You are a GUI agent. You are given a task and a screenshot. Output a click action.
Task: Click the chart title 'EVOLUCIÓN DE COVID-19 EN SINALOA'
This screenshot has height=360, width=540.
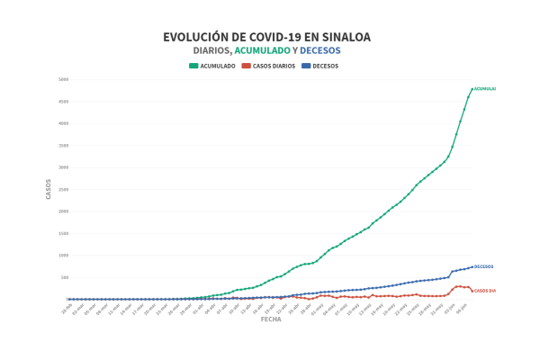[x=266, y=37]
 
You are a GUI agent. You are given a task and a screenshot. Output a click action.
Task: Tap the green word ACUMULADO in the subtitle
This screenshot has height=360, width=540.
[x=265, y=50]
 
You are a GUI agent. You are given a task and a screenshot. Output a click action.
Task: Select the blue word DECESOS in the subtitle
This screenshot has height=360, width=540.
[x=320, y=50]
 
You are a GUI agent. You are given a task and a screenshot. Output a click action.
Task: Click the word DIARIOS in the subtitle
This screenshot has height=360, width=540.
[x=212, y=50]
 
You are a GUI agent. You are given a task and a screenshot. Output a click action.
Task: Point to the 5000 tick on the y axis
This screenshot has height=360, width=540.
[x=63, y=79]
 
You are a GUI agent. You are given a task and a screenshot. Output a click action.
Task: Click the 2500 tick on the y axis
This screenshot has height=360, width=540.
[x=63, y=189]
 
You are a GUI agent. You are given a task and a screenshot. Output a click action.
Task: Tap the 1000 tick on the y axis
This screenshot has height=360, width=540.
[x=63, y=255]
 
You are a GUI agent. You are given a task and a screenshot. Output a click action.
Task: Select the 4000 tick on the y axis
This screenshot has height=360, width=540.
[x=63, y=123]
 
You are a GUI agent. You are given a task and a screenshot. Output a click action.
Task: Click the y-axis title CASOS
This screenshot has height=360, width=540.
[x=49, y=189]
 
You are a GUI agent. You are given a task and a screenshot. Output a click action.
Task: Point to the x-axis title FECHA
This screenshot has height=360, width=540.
[x=270, y=319]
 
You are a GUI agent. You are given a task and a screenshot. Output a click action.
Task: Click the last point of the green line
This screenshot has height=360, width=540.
[x=472, y=89]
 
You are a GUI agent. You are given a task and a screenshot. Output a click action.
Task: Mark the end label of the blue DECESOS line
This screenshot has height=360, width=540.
[x=483, y=266]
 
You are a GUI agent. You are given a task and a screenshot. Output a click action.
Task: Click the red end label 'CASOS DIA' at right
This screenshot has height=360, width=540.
[x=485, y=291]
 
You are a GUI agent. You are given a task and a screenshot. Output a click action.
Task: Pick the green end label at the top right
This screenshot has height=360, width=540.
[x=484, y=89]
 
